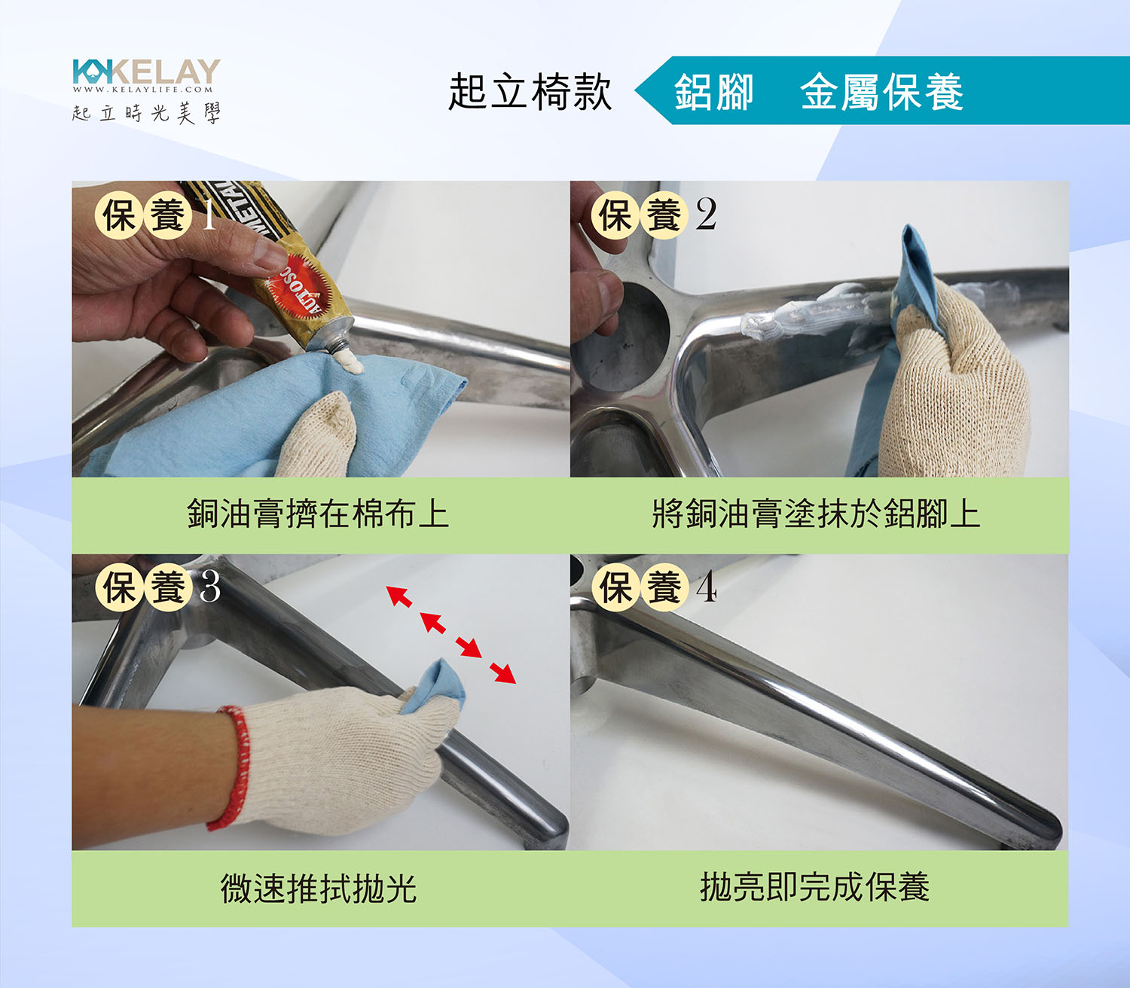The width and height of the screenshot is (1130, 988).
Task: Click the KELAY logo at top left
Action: pyautogui.click(x=146, y=72)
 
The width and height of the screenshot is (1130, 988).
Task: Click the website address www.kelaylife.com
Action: pyautogui.click(x=142, y=90)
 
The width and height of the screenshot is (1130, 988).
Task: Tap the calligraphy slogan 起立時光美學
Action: pyautogui.click(x=146, y=113)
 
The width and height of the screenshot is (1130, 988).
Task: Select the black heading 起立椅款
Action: pyautogui.click(x=530, y=92)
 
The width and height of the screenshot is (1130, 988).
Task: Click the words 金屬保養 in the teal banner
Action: pyautogui.click(x=882, y=92)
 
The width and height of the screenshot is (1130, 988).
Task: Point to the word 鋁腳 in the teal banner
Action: pyautogui.click(x=713, y=92)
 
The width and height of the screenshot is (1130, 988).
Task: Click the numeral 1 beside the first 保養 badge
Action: pyautogui.click(x=208, y=215)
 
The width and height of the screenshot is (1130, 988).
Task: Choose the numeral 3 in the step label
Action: pyautogui.click(x=210, y=586)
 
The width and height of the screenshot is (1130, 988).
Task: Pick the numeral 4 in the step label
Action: pyautogui.click(x=707, y=586)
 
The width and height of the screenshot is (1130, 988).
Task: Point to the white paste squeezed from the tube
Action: pyautogui.click(x=349, y=361)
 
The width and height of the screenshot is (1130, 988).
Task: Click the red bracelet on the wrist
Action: pyautogui.click(x=233, y=768)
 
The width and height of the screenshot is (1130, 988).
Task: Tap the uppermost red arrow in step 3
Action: pyautogui.click(x=399, y=596)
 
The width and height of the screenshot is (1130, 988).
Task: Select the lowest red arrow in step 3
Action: pyautogui.click(x=502, y=672)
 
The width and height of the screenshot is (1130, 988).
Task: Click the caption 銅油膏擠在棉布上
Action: pyautogui.click(x=318, y=514)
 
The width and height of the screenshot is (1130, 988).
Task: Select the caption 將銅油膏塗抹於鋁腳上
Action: pyautogui.click(x=817, y=514)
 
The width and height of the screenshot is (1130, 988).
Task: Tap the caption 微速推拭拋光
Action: pyautogui.click(x=319, y=888)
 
